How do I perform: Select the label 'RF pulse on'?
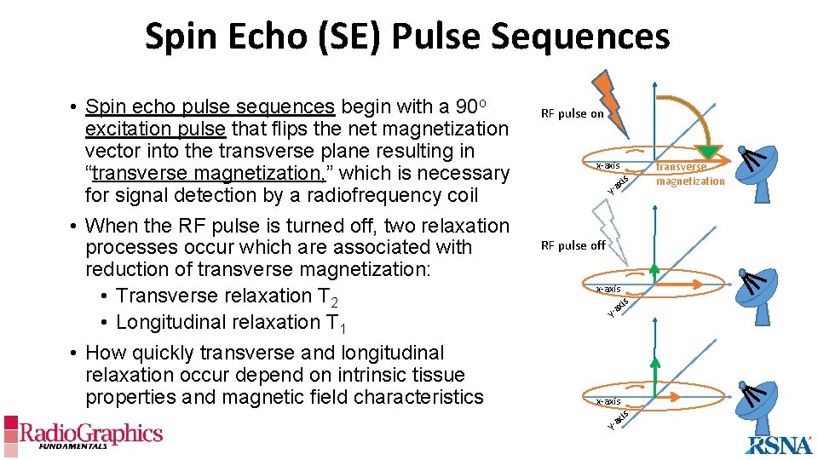click(573, 114)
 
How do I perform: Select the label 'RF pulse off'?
click(573, 245)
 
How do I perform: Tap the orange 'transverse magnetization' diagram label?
click(689, 174)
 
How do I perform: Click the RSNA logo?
click(779, 444)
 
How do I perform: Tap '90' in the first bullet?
click(466, 106)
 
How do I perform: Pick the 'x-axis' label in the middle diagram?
click(608, 289)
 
